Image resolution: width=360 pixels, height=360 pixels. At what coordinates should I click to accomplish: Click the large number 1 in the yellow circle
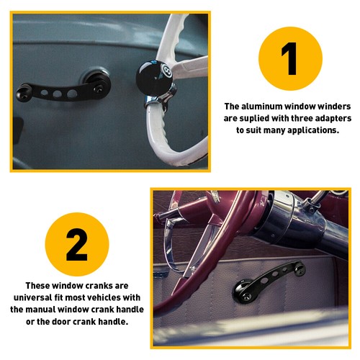coord(289,60)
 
